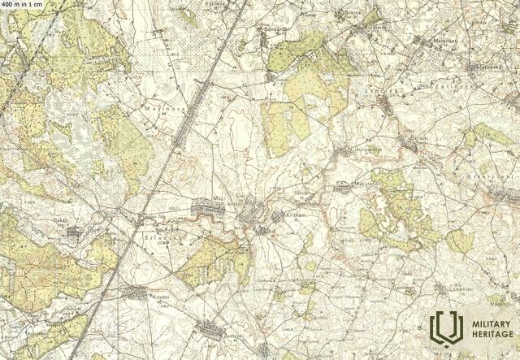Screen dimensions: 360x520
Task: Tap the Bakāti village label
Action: (x=61, y=220)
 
